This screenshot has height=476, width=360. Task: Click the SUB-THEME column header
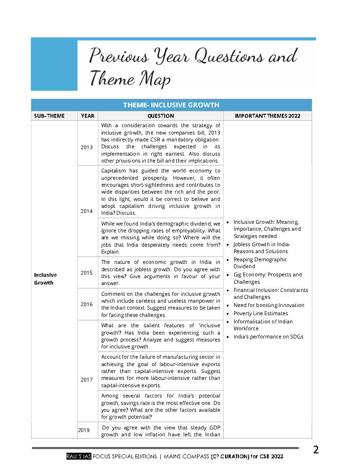click(50, 116)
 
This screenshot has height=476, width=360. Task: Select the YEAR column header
click(88, 116)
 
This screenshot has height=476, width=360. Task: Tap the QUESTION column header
click(160, 116)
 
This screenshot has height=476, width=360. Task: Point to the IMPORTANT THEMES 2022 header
click(267, 116)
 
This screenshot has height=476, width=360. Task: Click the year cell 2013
click(87, 147)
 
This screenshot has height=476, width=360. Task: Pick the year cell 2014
click(87, 211)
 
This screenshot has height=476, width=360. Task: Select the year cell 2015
click(87, 272)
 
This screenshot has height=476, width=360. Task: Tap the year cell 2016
click(87, 304)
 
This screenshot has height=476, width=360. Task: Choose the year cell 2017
click(87, 380)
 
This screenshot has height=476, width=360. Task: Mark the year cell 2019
click(84, 430)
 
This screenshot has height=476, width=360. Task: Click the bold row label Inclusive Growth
click(45, 279)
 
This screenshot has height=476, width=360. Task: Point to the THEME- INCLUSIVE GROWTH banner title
click(171, 105)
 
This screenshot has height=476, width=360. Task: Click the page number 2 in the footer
click(316, 450)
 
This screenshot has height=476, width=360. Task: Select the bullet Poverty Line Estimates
click(260, 313)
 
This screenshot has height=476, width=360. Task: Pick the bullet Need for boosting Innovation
click(269, 305)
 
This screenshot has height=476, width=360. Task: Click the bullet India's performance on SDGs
click(268, 336)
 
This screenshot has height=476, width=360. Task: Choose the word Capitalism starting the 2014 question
click(114, 170)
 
